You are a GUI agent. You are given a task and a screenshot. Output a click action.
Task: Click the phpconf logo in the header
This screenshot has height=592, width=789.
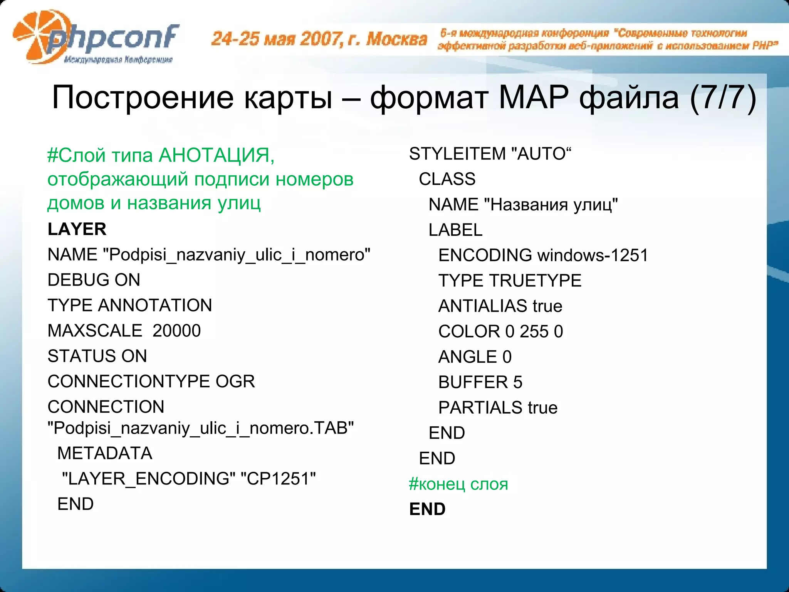[x=96, y=39]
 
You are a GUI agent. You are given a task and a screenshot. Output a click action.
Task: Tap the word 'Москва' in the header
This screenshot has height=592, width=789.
[x=397, y=39]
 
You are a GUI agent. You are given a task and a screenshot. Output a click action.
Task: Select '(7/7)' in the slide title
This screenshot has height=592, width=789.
[x=723, y=98]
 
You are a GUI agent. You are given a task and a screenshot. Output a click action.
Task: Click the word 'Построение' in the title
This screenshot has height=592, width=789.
[x=143, y=98]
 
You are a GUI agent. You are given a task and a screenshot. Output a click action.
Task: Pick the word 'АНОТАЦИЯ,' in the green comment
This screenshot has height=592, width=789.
[x=217, y=155]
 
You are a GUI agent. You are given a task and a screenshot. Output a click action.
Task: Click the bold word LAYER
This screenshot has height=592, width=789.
[x=77, y=229]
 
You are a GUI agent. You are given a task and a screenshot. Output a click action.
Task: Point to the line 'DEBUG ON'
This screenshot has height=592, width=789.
[x=94, y=280]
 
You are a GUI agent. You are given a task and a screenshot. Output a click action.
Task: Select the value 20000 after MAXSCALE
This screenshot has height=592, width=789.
[x=176, y=331]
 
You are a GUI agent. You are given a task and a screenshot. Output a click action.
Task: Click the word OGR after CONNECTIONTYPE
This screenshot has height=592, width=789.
[x=235, y=382]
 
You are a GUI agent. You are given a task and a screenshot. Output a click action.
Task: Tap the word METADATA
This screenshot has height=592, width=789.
[x=105, y=453]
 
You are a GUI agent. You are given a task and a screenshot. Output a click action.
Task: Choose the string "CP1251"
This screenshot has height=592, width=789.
[x=278, y=479]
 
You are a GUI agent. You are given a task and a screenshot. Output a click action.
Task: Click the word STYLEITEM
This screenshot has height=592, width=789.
[x=457, y=154]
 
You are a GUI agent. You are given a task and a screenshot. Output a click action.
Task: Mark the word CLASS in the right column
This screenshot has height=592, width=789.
[x=447, y=179]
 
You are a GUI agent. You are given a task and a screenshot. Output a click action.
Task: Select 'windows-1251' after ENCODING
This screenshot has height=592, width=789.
[x=593, y=255]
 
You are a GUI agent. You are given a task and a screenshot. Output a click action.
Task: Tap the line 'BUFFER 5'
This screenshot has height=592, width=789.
[x=480, y=382]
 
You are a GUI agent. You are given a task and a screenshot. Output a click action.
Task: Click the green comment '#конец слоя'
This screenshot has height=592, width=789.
[x=458, y=484]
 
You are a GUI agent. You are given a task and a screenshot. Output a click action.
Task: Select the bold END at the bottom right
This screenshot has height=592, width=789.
[x=427, y=509]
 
